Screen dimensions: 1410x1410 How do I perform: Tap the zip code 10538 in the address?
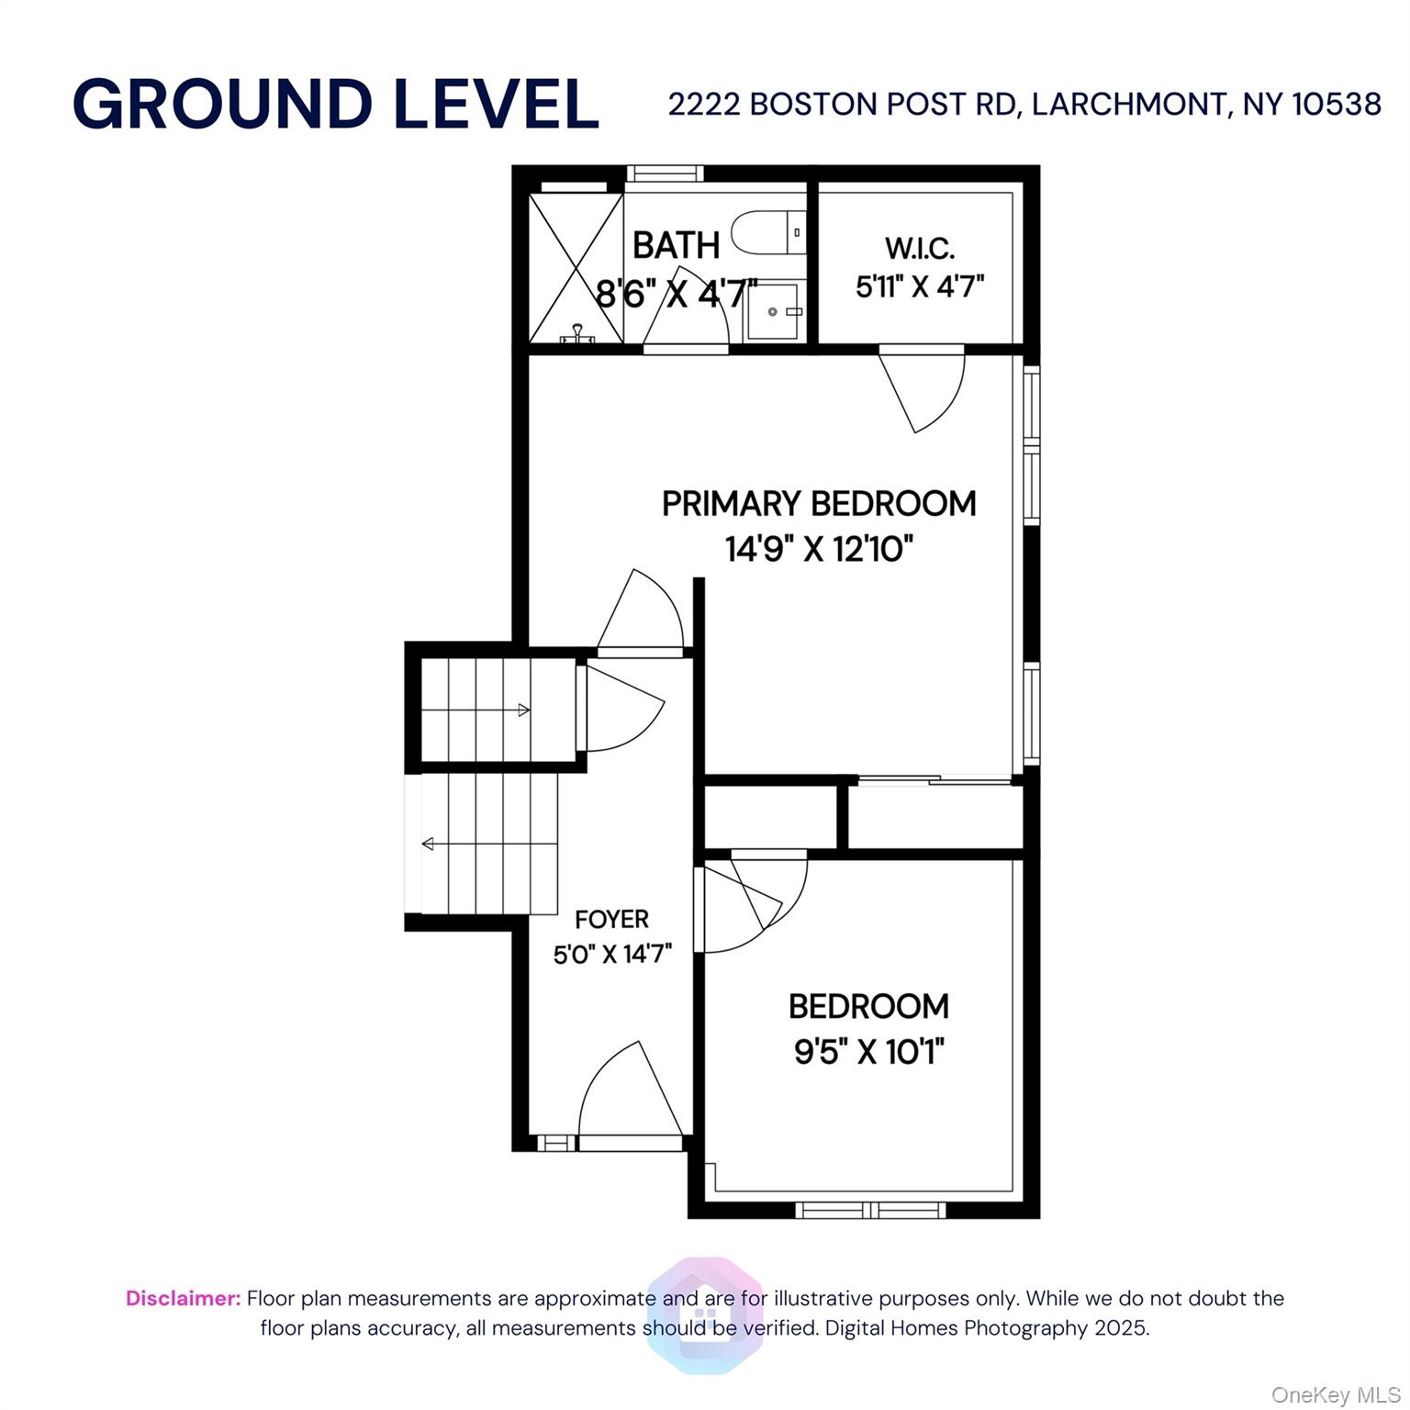click(x=1336, y=105)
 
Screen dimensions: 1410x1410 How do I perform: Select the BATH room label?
click(x=676, y=245)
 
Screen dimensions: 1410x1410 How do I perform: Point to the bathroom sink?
click(x=773, y=312)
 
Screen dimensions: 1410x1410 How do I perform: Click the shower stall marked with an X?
click(x=576, y=267)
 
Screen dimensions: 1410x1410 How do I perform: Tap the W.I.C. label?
click(x=920, y=248)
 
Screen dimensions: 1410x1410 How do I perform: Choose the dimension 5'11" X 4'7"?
click(x=920, y=286)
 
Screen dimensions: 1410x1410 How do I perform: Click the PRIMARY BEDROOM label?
click(x=819, y=504)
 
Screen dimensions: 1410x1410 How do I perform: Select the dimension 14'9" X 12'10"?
click(x=819, y=549)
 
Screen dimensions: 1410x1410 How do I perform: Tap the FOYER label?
click(x=611, y=919)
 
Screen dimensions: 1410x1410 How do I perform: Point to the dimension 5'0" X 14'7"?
click(x=611, y=955)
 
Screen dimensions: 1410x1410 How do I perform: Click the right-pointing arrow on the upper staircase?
click(x=523, y=710)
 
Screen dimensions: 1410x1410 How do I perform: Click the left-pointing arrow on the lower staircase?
click(x=428, y=844)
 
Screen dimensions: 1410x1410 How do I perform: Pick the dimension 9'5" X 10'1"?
click(x=868, y=1051)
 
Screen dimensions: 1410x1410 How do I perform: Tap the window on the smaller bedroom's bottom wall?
click(x=869, y=1210)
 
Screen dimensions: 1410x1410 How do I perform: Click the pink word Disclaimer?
click(x=183, y=1298)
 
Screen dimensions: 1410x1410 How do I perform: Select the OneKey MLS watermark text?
click(x=1335, y=1395)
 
